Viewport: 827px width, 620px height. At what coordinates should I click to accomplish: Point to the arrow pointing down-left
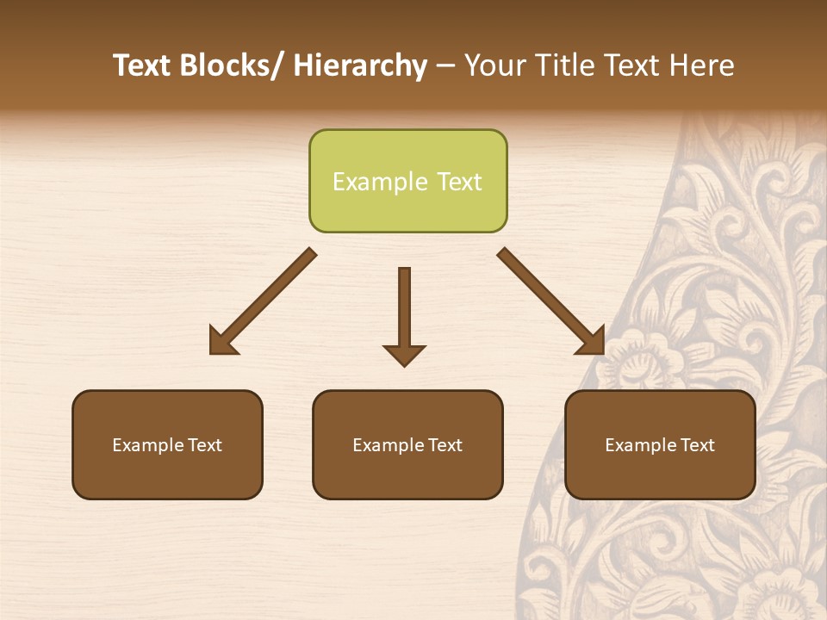tap(263, 301)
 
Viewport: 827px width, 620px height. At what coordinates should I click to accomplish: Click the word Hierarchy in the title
tap(360, 65)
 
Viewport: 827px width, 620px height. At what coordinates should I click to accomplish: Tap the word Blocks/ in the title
tap(235, 65)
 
